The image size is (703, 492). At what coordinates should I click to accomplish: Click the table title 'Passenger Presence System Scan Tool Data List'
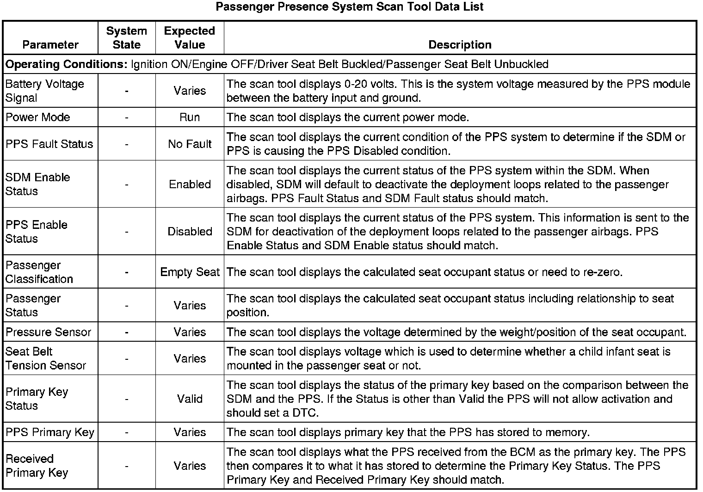click(350, 7)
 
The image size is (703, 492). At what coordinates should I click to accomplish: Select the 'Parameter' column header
click(50, 44)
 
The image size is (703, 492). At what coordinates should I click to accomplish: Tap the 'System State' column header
click(126, 38)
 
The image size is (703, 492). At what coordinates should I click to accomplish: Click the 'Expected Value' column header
click(190, 38)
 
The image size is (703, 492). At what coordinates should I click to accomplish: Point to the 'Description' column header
click(460, 44)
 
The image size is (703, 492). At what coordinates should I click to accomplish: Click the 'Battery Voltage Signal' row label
click(44, 91)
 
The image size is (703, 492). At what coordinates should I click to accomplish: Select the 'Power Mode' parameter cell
click(37, 117)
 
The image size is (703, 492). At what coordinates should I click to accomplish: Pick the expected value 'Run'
click(190, 117)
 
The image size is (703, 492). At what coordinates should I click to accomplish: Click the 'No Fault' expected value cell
click(190, 144)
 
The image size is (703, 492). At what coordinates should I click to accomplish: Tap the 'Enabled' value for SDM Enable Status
click(190, 184)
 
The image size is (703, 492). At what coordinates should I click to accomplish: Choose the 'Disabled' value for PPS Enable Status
click(190, 231)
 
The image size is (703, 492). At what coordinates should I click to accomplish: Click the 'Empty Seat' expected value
click(190, 272)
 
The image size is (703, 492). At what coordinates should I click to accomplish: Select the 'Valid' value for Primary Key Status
click(190, 399)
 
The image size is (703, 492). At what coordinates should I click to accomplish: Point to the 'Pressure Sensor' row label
click(48, 332)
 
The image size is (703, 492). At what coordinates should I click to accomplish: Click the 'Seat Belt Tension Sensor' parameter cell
click(45, 358)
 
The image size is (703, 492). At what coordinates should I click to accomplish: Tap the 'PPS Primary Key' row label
click(49, 432)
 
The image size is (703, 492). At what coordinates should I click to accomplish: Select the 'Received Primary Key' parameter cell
click(37, 466)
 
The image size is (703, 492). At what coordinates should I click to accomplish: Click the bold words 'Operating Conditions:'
click(66, 64)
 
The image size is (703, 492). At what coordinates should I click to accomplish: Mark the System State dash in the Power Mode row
click(126, 117)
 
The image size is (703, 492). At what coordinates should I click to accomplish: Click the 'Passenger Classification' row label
click(39, 272)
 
